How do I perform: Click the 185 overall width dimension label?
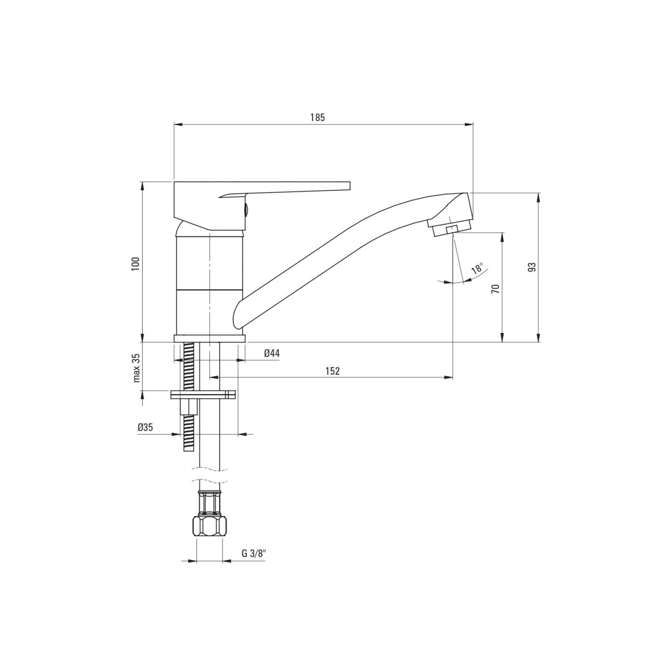point(317,118)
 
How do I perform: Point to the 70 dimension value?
point(495,289)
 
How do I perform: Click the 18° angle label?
point(477,269)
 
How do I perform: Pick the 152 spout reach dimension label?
point(332,371)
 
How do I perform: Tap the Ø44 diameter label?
point(271,353)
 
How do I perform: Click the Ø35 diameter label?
point(145,427)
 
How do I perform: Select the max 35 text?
point(137,368)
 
